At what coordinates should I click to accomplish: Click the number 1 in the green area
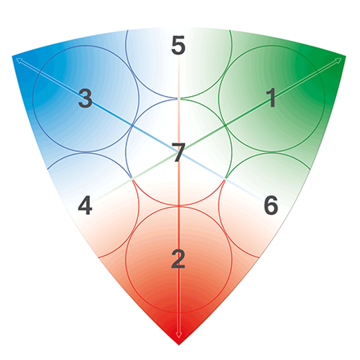coord(272,98)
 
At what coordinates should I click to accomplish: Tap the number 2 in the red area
coord(178,259)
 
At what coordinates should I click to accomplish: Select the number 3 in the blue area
coord(85,98)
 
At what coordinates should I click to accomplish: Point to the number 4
coord(85,205)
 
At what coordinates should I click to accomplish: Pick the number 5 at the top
coord(178,45)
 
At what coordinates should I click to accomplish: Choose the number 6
coord(271,205)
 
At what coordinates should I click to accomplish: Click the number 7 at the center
coord(178,152)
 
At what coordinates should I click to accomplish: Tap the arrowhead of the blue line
coord(18,60)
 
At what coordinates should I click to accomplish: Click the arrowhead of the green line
coord(339,60)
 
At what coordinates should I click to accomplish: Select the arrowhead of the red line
coord(179,335)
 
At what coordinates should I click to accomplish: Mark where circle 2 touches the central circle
coord(179,206)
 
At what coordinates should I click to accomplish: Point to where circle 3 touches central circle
coord(132,125)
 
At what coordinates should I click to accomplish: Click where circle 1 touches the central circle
coord(225,125)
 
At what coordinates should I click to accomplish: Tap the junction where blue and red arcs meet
coord(132,179)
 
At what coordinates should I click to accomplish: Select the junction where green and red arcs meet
coord(225,179)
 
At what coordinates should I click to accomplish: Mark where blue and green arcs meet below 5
coord(179,99)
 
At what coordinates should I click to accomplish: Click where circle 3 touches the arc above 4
coord(86,152)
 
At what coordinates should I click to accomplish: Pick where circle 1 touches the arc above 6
coord(272,152)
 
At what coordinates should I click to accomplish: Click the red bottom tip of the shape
coord(179,345)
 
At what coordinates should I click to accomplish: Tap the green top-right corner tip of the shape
coord(346,56)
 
